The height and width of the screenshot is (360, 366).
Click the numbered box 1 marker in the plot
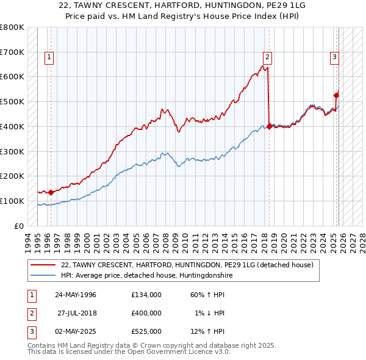pos(49,58)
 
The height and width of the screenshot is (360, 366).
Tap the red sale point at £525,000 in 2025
pos(336,95)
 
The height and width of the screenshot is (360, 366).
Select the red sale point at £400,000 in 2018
pos(269,126)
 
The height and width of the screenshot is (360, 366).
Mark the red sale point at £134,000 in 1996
pos(51,192)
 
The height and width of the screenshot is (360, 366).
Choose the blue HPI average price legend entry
pos(147,276)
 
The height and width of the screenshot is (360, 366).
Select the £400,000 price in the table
pos(146,313)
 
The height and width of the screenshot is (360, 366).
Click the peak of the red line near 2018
pos(267,65)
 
